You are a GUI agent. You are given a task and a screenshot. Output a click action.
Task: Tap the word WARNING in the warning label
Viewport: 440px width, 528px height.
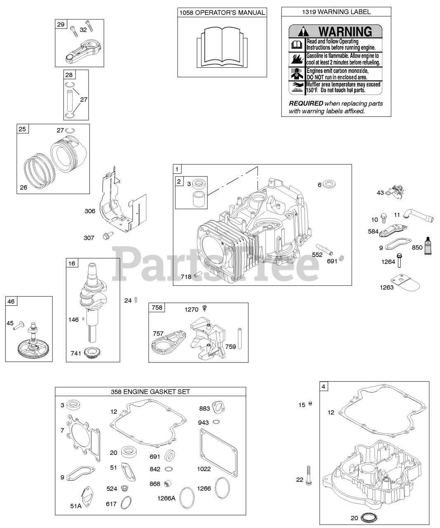(x=345, y=31)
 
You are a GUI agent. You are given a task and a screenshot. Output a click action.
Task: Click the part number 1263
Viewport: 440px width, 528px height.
(x=387, y=287)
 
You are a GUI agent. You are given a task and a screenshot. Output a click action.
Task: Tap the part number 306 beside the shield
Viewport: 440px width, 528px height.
(x=90, y=211)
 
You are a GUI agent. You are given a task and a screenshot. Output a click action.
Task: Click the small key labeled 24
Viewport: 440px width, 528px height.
(x=136, y=300)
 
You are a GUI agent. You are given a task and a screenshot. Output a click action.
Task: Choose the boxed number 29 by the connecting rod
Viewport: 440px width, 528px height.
(x=61, y=25)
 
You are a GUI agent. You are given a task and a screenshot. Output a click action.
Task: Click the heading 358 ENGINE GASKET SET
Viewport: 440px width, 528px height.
(x=150, y=391)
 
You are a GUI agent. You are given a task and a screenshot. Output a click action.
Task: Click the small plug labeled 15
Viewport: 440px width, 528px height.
(x=311, y=403)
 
